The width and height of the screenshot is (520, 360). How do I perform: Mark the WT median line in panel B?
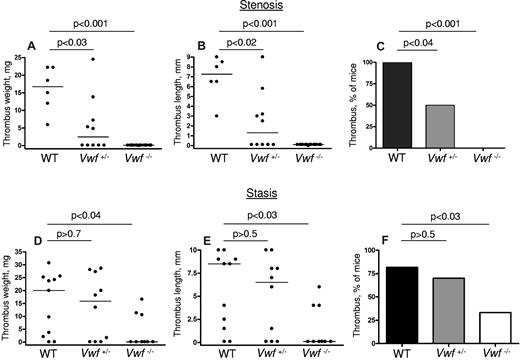coord(217,74)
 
